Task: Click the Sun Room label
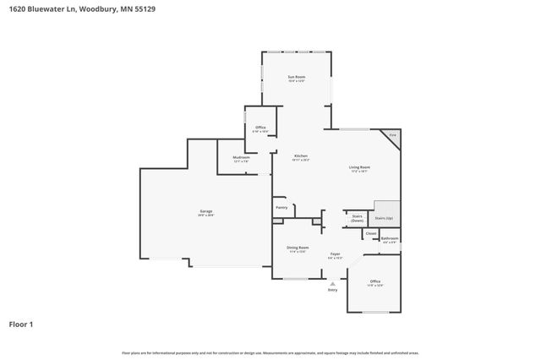[296, 77]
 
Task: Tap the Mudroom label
[241, 156]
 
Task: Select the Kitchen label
[301, 155]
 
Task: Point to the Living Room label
[360, 166]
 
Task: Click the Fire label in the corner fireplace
[392, 135]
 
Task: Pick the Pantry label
[281, 207]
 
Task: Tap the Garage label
[206, 210]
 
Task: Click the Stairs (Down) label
[358, 216]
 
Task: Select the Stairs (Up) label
[384, 218]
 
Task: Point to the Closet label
[371, 233]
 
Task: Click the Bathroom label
[390, 238]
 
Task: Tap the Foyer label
[336, 254]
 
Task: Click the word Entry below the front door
[332, 290]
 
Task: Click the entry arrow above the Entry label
[332, 283]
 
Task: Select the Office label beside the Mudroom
[260, 128]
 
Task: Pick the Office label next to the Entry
[375, 281]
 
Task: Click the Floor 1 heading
[21, 324]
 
